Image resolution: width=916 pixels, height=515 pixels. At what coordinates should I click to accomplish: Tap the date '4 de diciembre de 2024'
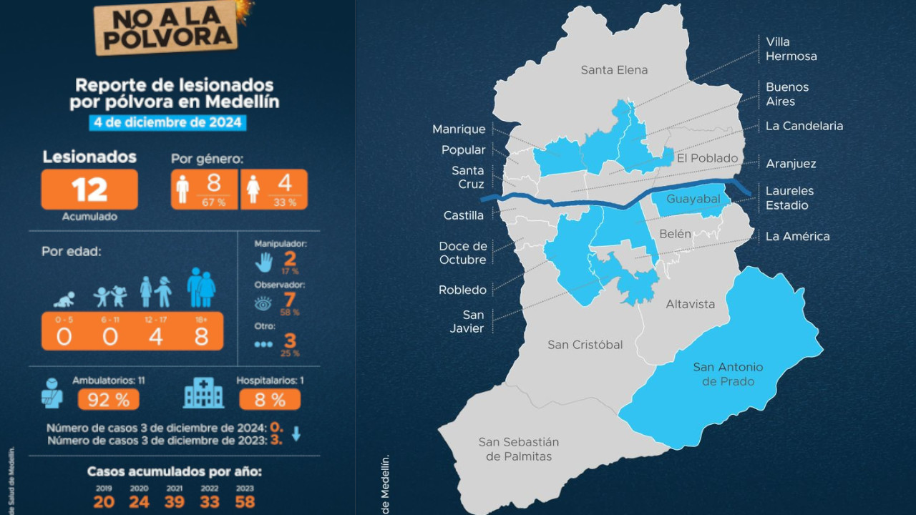point(167,122)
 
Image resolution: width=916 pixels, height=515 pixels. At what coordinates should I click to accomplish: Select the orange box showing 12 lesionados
point(89,190)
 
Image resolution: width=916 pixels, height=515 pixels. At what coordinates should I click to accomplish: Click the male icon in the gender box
point(182,190)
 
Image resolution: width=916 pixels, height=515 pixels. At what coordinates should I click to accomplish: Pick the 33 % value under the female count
point(285,202)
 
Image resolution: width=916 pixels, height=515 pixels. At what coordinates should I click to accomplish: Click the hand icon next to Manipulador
point(264,262)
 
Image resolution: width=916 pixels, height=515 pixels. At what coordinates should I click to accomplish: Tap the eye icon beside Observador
point(263,303)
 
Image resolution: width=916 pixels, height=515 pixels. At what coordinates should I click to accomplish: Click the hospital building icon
point(203,393)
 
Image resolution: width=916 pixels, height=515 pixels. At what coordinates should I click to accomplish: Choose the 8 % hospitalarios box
point(269,399)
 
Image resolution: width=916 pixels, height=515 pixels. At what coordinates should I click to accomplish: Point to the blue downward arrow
point(296,433)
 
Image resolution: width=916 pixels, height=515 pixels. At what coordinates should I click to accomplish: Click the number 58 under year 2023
point(245,501)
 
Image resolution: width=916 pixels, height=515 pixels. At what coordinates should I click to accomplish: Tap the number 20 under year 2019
point(104,501)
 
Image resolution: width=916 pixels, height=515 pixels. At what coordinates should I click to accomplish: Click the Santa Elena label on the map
point(614,70)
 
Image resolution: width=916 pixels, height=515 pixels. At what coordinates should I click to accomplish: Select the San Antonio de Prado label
point(728,374)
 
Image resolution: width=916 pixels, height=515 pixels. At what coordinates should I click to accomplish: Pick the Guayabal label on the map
point(693,199)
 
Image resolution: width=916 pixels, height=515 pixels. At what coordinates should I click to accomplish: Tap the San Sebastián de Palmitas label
point(518,449)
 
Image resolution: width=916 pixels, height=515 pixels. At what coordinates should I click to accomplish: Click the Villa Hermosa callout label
point(791,49)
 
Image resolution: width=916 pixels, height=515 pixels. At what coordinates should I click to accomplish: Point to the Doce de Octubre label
point(463,252)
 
